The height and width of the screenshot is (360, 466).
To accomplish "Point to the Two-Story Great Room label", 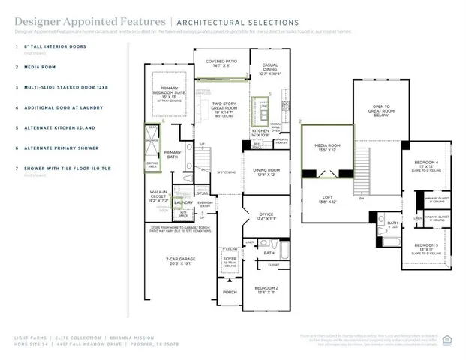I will pyautogui.click(x=224, y=107).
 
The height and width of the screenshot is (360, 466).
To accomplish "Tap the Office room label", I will pyautogui.click(x=266, y=216).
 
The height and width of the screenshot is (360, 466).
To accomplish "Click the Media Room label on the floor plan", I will pyautogui.click(x=328, y=147).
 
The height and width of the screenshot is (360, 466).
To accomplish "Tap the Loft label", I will pyautogui.click(x=328, y=199).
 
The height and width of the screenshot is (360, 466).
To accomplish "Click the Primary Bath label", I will pyautogui.click(x=173, y=154).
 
